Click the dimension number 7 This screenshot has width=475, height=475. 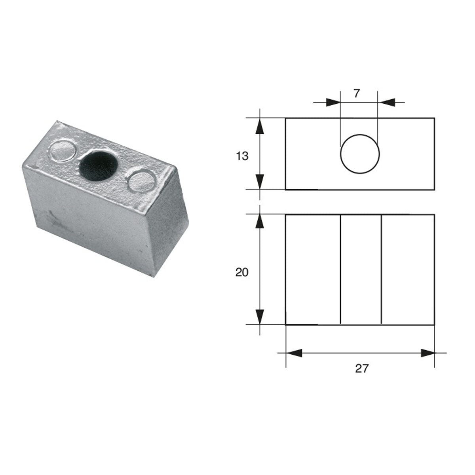tap(357, 94)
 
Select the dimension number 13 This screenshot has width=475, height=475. tap(242, 156)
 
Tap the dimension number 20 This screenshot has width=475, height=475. tap(242, 272)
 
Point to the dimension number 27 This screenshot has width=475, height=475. tap(361, 369)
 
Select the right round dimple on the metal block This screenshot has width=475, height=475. tap(142, 182)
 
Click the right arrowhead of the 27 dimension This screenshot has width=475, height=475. tap(427, 353)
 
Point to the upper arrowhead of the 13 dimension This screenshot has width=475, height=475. tap(260, 127)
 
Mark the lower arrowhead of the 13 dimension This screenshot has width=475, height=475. tap(260, 181)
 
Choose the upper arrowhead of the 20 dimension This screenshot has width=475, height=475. tap(260, 222)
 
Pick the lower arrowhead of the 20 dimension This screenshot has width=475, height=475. tap(260, 316)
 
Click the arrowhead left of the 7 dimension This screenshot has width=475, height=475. tap(333, 103)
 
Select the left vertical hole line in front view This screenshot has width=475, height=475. tap(341, 269)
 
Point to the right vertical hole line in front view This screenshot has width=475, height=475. tap(381, 269)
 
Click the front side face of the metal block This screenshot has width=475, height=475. tap(91, 222)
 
